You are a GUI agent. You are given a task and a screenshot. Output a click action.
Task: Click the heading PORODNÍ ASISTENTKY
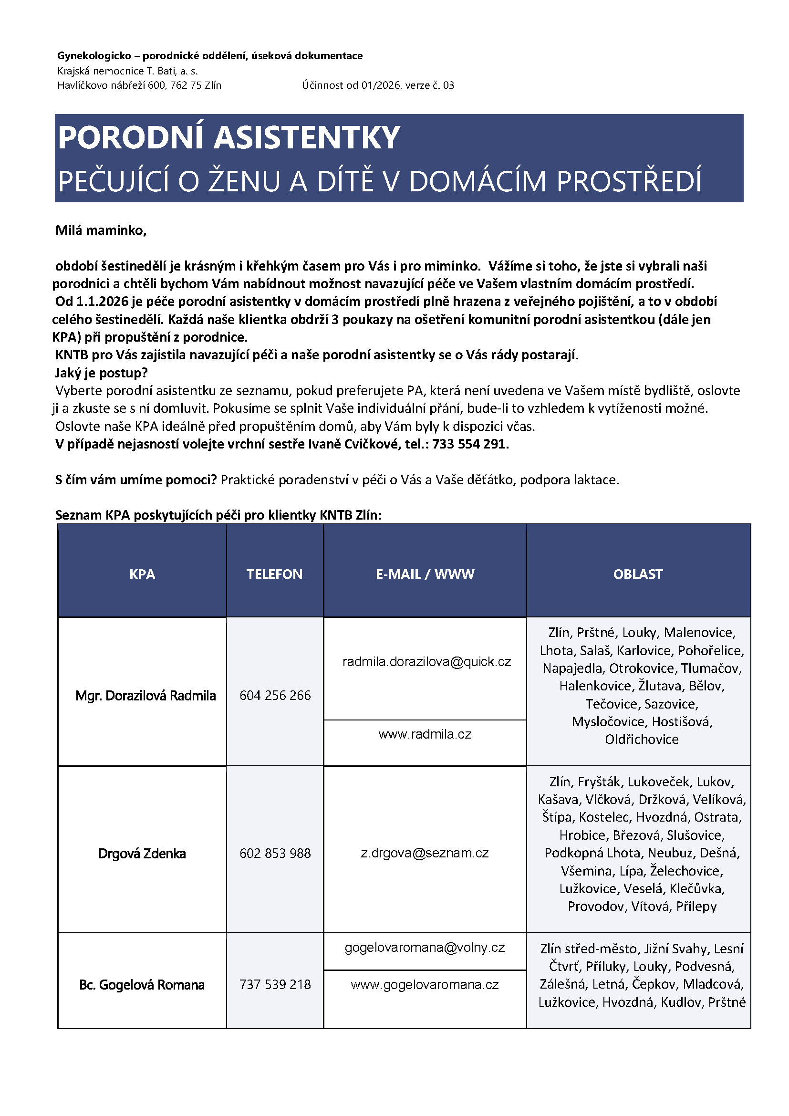(x=229, y=137)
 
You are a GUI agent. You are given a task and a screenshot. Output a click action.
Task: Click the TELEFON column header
(x=274, y=574)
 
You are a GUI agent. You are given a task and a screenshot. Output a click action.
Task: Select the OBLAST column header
(x=638, y=574)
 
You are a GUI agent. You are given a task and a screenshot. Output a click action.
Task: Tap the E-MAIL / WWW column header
(x=425, y=574)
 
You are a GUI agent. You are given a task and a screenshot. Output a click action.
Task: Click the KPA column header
(x=142, y=574)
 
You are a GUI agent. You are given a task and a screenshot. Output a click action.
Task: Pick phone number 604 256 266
(x=275, y=695)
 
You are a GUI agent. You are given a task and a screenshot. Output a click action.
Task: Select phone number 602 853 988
(x=275, y=853)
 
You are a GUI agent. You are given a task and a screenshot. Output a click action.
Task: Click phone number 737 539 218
(x=275, y=984)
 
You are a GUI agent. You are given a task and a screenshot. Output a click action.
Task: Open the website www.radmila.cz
(x=425, y=734)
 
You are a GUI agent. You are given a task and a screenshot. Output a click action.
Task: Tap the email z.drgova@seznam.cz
(x=425, y=853)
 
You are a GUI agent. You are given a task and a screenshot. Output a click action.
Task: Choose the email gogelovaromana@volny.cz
(x=425, y=948)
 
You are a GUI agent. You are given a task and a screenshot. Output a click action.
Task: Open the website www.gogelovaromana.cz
(x=425, y=984)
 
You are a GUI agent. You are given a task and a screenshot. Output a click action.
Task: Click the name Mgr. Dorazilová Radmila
(x=145, y=696)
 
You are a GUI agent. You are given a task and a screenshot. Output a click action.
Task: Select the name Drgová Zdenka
(x=142, y=854)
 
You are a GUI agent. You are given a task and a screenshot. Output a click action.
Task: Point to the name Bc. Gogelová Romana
(x=142, y=985)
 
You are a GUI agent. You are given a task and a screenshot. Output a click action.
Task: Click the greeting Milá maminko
(x=101, y=230)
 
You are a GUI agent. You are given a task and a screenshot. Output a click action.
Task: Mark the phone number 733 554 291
(x=469, y=444)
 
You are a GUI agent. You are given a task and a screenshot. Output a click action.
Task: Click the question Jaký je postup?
(x=102, y=373)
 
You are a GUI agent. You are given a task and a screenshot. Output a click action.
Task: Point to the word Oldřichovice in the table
(x=641, y=739)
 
